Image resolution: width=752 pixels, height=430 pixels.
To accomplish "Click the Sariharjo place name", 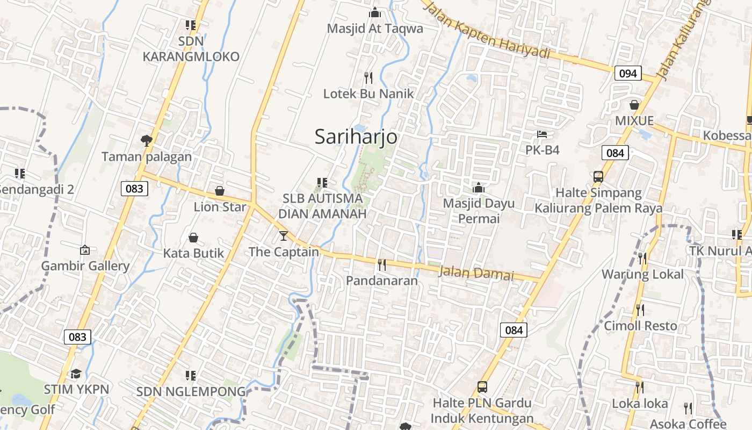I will coord(356,137).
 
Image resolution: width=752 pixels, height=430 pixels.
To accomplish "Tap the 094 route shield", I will coord(628,73).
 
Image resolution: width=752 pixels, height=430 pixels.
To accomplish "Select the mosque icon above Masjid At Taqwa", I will coord(375,12).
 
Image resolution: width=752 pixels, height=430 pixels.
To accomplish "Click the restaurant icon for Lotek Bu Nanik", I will coord(368,78).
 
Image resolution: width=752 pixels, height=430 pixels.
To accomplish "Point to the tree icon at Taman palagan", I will coord(146,141).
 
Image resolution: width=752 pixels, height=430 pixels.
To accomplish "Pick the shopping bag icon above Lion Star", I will coord(220,191).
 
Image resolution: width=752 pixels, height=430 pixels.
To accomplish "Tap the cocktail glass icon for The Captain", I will coord(284,236).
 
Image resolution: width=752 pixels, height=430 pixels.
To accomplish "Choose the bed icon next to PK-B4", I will coord(543,134).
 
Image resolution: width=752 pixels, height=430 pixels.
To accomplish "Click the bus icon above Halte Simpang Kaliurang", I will coord(598,177).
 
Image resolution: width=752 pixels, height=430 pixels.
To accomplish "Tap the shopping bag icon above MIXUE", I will coord(634,105).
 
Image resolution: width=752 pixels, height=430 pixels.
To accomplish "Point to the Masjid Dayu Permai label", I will coord(479,211).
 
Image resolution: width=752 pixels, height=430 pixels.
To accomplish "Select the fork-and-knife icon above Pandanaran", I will coord(382,264).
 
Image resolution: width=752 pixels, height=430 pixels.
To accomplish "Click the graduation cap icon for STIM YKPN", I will coord(76,374).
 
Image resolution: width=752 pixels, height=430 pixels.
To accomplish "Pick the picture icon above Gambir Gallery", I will coord(85,250).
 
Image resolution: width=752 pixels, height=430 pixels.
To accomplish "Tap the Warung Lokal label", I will coord(642,274).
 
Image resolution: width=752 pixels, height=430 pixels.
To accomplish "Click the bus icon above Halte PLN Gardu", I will coord(482,387).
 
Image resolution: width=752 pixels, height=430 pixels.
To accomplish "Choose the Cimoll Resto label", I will coord(641,326).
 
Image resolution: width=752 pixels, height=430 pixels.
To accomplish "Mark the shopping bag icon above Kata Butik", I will coord(193,238).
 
